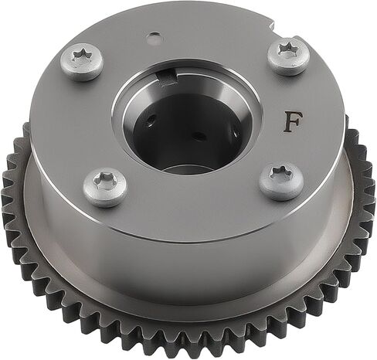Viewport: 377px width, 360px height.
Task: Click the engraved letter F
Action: tap(293, 122)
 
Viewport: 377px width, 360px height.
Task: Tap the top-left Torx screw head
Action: tap(82, 62)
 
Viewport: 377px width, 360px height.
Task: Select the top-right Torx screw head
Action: tap(289, 56)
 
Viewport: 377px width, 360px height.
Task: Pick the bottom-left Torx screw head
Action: tap(105, 187)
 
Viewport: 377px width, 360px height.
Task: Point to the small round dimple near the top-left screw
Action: tap(154, 38)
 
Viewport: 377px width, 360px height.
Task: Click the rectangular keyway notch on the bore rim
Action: tap(168, 78)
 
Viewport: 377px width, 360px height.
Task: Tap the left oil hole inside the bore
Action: tap(150, 121)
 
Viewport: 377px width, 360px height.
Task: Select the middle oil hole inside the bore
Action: tap(198, 136)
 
